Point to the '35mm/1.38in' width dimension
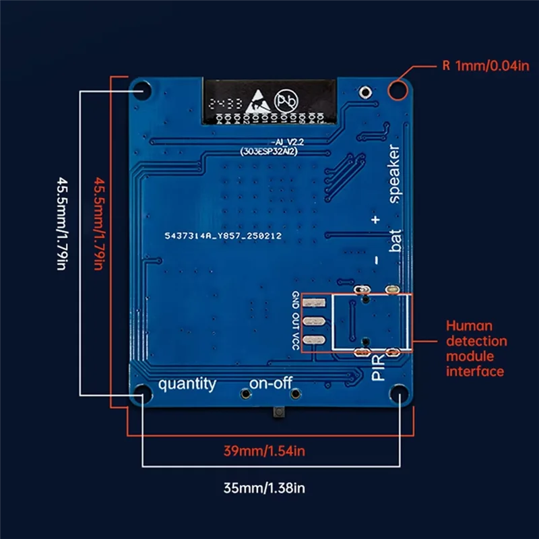267,486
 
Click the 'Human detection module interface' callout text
476,348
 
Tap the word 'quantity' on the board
187,384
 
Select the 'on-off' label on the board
270,384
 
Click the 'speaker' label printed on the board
393,174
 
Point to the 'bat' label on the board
395,241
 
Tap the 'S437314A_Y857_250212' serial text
223,236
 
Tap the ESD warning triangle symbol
259,102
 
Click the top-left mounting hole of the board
143,90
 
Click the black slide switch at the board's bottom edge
278,412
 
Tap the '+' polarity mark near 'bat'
375,219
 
